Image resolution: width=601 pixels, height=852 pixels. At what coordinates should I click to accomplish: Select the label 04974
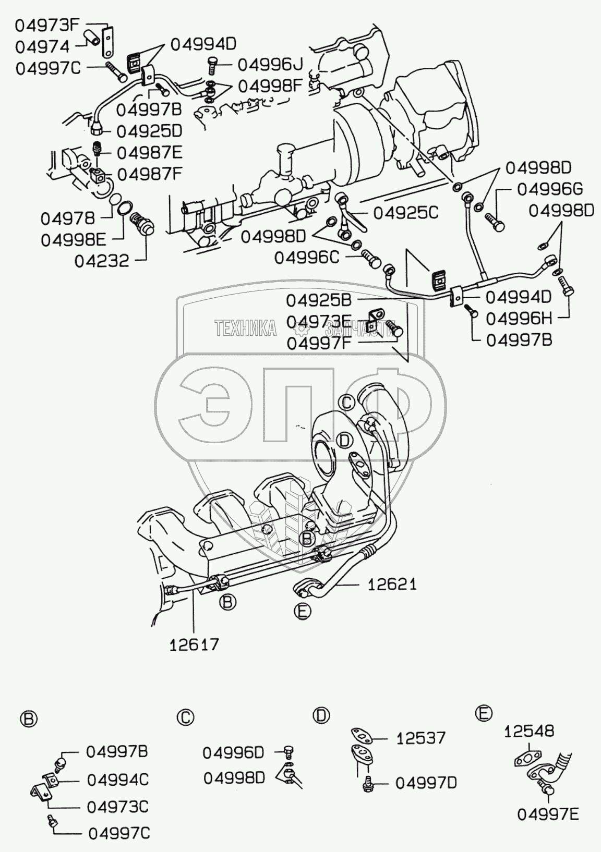coord(42,46)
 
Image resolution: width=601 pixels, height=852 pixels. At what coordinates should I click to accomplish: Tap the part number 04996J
coord(270,65)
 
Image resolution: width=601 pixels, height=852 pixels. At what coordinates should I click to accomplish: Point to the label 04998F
coord(270,86)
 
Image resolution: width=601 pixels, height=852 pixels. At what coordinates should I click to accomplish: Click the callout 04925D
coord(149,131)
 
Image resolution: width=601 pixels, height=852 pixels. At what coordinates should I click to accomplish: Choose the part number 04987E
coord(149,152)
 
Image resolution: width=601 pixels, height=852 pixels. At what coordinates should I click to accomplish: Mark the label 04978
coord(68,218)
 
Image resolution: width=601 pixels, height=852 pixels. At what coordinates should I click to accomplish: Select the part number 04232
coord(101,261)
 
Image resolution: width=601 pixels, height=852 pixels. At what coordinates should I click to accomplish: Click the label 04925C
coord(405,213)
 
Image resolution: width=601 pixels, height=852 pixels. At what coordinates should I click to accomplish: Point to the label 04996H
coord(519,318)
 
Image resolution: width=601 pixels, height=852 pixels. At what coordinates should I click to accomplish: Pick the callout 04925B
coord(318,301)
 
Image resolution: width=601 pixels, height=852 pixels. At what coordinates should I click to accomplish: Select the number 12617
coord(194,644)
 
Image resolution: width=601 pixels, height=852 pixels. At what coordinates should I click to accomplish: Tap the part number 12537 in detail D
coord(420,738)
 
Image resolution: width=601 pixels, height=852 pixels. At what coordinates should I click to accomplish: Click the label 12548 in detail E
coord(529,731)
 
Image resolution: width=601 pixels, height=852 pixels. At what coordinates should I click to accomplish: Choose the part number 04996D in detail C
coord(233,752)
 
